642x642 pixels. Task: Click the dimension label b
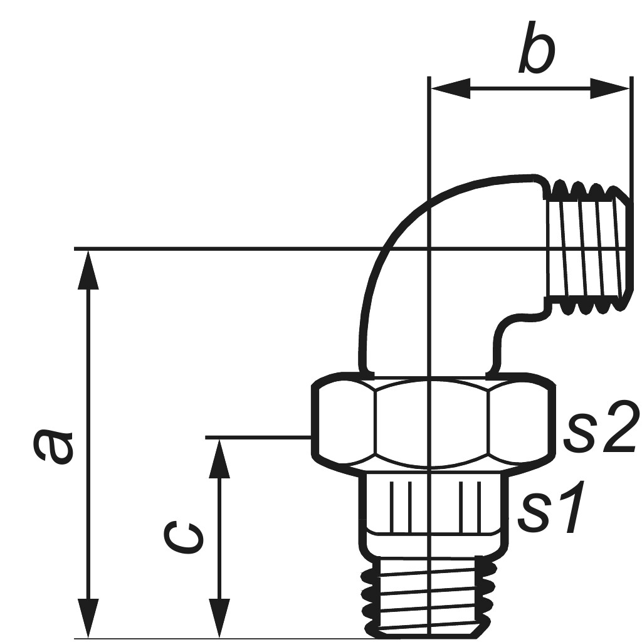coord(537,50)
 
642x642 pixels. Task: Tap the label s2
coord(601,430)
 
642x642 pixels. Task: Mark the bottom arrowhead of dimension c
coord(219,619)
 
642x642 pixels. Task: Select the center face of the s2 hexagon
coord(431,423)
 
